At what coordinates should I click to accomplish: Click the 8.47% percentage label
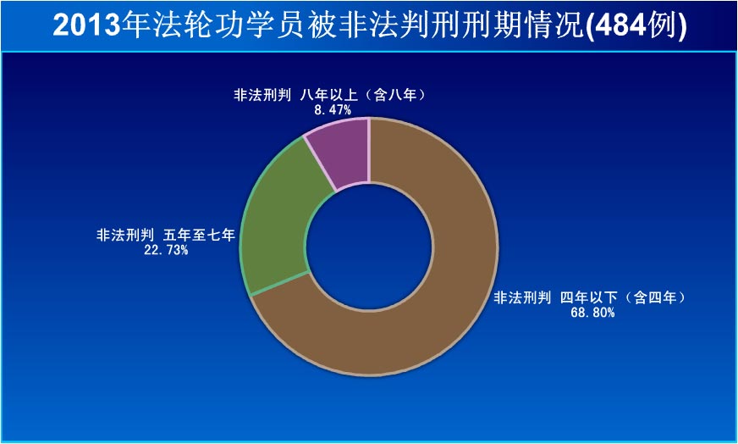pos(333,110)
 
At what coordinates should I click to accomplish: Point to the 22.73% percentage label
pos(166,250)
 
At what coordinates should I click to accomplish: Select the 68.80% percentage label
pos(592,312)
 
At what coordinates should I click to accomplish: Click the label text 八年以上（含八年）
pos(364,95)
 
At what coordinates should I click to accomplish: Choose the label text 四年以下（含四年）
pos(624,297)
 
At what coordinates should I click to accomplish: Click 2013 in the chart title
pos(86,26)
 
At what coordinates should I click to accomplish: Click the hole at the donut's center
pos(369,247)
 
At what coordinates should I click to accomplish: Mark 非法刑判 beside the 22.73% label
pos(124,234)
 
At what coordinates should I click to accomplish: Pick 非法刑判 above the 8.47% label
pos(262,95)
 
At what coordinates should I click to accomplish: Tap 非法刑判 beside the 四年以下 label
pos(522,297)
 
